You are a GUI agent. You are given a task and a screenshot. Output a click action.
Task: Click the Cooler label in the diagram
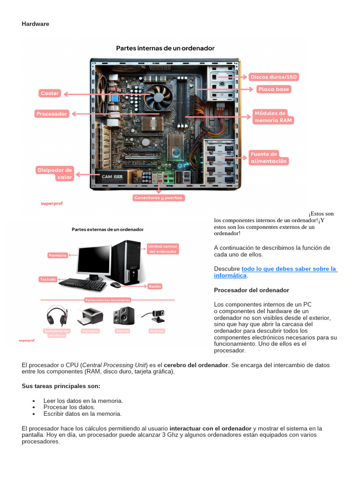tap(50, 94)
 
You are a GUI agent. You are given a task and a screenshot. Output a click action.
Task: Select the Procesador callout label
tap(52, 114)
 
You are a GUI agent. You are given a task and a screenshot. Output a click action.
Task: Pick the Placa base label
tap(274, 89)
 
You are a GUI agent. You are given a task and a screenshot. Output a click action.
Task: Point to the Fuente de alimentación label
tap(269, 157)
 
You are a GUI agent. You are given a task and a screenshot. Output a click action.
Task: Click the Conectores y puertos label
tap(159, 198)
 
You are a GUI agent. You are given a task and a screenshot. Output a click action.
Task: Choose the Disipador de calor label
tap(55, 173)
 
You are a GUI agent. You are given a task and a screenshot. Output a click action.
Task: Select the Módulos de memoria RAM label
tap(273, 117)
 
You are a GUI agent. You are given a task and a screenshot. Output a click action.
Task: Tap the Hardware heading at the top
tap(36, 24)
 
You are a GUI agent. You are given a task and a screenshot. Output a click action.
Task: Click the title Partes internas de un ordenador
tap(165, 48)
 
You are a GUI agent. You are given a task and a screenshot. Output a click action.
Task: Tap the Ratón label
tap(155, 286)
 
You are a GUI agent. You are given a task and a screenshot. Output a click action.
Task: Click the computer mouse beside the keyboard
tap(115, 285)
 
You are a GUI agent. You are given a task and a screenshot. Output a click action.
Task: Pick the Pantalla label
tap(58, 255)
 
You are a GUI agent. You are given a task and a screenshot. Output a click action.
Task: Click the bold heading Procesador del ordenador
tap(252, 290)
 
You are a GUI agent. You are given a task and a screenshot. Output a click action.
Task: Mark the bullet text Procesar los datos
tap(69, 407)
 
